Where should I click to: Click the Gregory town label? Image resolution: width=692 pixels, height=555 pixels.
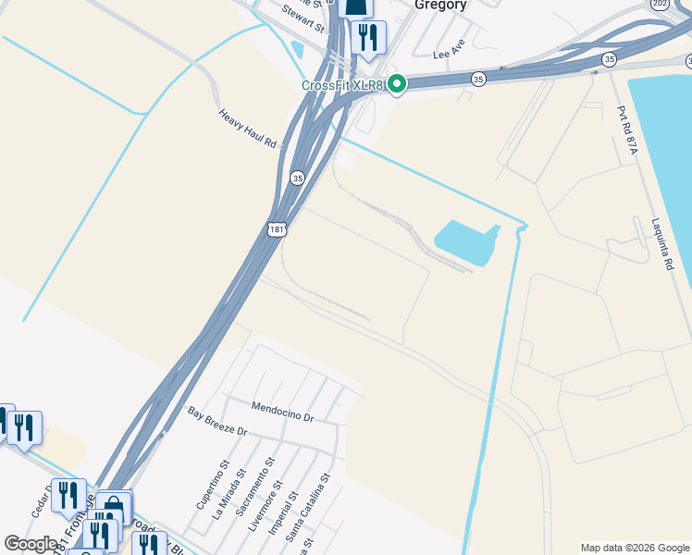(439, 5)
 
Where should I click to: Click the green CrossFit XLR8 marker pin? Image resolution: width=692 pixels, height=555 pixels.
(397, 84)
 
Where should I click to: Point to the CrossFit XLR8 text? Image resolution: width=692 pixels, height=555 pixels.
(341, 85)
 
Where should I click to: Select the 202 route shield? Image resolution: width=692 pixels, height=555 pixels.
(660, 4)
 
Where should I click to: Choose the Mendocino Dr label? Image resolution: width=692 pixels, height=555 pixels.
(283, 412)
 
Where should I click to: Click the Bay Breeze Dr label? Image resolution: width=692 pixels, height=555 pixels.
(217, 421)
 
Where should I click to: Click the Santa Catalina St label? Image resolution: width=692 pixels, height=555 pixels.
(308, 508)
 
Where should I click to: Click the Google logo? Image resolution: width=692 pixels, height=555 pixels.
(31, 544)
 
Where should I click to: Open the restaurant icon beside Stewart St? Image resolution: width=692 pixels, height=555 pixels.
(369, 36)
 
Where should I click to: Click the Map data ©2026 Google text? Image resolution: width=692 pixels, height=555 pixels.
(636, 548)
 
